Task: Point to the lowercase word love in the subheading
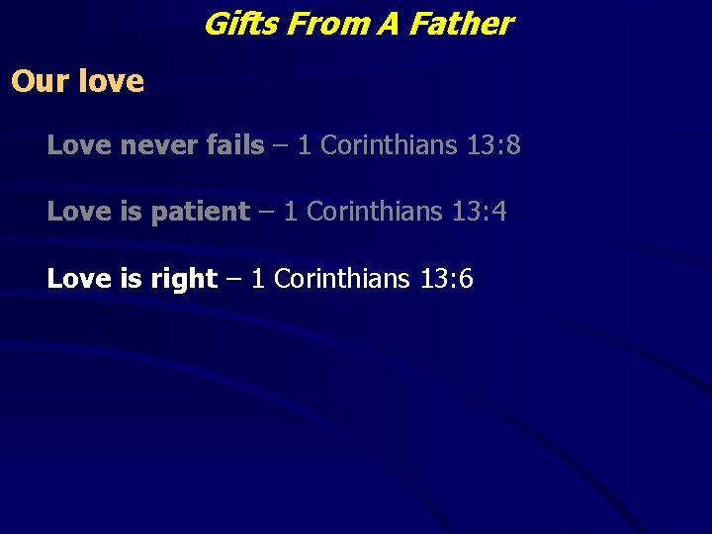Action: coord(112,80)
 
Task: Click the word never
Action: coord(158,145)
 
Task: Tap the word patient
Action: coord(200,212)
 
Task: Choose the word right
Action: coord(184,279)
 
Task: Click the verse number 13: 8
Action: coord(493,145)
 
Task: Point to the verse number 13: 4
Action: coord(480,212)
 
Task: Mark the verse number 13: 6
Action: coord(446,279)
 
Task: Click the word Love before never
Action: coord(79,145)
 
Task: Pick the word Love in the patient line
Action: coord(79,212)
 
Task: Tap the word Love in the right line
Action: coord(79,279)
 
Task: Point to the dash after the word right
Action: coord(233,280)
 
